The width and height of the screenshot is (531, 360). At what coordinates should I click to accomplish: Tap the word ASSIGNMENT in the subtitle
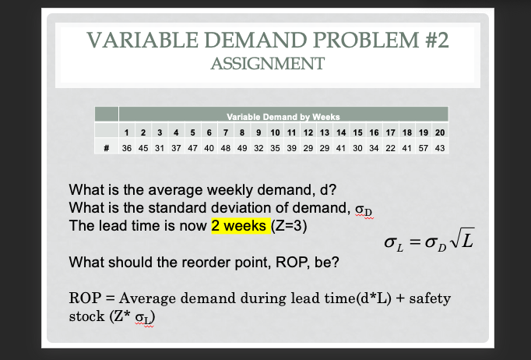(267, 64)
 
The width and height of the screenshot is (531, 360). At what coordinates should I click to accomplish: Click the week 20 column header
(439, 132)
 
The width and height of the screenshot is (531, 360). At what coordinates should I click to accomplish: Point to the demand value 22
(388, 146)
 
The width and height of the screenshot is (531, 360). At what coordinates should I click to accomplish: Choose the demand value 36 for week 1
(127, 146)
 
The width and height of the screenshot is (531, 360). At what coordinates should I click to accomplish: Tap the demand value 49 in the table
(241, 146)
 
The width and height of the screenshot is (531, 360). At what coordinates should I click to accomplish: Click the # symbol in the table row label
(106, 146)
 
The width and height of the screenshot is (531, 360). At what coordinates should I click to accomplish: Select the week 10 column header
(275, 132)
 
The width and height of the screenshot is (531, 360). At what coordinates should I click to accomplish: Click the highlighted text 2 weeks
(240, 227)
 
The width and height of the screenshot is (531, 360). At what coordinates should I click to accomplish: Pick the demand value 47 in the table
(192, 146)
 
